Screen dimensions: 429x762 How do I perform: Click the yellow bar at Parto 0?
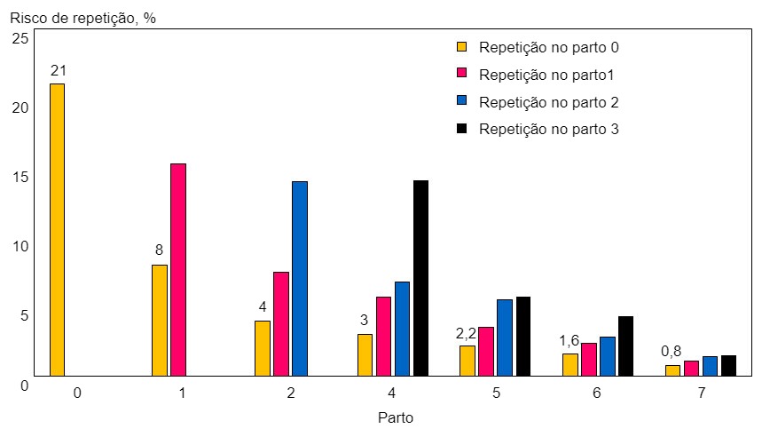pos(57,229)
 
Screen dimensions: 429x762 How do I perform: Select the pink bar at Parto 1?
pos(178,269)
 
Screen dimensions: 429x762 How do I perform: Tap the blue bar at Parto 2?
pos(300,278)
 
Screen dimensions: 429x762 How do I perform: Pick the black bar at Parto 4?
pos(420,278)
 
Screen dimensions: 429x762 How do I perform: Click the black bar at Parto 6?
pos(625,346)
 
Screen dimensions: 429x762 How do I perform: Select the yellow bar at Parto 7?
pos(672,370)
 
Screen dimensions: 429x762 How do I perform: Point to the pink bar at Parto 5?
pos(485,352)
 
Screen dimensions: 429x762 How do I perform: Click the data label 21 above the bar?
pos(59,70)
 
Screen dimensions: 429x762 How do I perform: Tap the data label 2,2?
pos(466,334)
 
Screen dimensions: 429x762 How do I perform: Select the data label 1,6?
pos(569,340)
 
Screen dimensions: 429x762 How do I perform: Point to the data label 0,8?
pos(672,351)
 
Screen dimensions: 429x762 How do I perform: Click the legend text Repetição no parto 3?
pos(548,129)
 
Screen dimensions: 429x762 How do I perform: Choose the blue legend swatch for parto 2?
pos(461,101)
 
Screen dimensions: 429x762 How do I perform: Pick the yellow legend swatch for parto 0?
pos(461,47)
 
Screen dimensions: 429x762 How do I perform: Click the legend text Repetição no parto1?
pos(546,75)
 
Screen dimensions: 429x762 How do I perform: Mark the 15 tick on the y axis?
pos(21,177)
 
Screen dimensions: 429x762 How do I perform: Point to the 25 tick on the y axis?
pos(21,38)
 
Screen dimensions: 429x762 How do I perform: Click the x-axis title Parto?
pos(395,417)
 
